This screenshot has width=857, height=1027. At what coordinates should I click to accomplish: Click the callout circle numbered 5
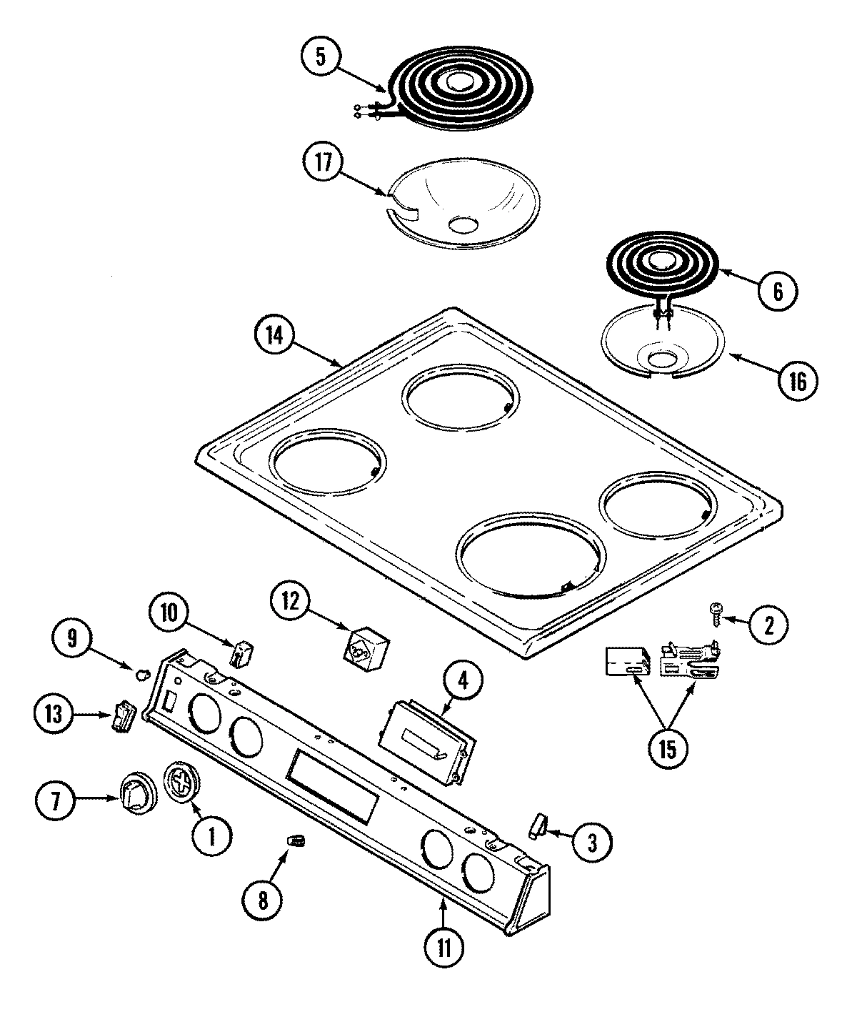321,58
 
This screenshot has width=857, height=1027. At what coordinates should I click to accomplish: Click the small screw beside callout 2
715,610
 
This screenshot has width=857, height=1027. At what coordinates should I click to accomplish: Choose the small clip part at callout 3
536,825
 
